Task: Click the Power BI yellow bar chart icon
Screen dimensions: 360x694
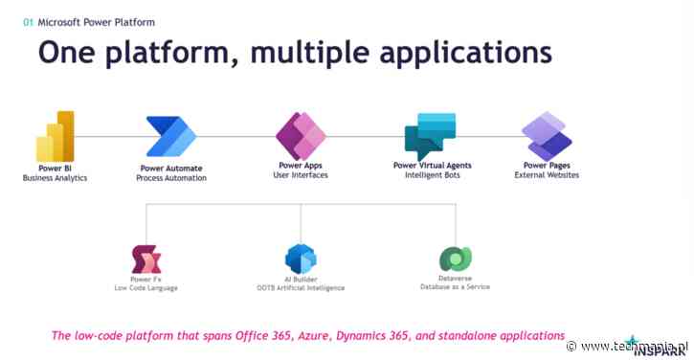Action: click(x=56, y=136)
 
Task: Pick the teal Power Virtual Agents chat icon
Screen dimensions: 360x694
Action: click(x=430, y=136)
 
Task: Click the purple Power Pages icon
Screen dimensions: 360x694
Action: click(x=546, y=136)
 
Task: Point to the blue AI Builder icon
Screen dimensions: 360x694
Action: click(x=300, y=259)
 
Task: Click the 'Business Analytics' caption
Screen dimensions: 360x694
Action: click(x=55, y=176)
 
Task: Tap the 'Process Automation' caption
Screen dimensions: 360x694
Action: click(x=171, y=177)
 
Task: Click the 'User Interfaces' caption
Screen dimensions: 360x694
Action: click(x=301, y=175)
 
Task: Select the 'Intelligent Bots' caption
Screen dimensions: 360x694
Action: click(x=432, y=175)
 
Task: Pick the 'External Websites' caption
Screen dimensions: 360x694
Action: click(x=546, y=175)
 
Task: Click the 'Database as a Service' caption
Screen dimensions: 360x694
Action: click(x=455, y=287)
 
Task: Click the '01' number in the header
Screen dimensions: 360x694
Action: click(x=28, y=21)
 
